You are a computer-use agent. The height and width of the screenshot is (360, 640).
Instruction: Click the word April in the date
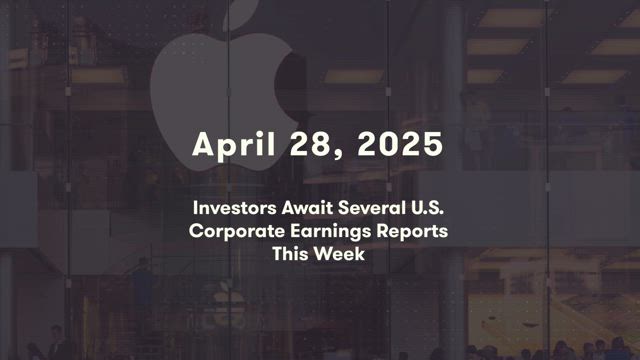point(234,145)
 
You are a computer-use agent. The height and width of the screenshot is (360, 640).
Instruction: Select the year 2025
point(400,144)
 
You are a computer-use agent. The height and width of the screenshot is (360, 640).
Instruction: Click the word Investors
point(235,208)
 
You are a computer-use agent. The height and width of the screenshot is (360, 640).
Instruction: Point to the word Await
point(307,208)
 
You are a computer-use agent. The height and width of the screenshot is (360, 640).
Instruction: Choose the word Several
point(371,208)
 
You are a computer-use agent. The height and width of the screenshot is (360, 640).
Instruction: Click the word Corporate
point(237,231)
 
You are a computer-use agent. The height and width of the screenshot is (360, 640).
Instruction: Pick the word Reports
point(412,232)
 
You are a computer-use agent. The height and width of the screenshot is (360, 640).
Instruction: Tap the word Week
point(339,254)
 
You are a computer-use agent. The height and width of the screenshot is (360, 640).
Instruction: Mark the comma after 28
point(338,154)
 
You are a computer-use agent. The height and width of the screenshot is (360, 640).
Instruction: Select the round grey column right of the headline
point(452,180)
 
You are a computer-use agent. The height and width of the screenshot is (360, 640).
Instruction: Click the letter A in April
point(203,144)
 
